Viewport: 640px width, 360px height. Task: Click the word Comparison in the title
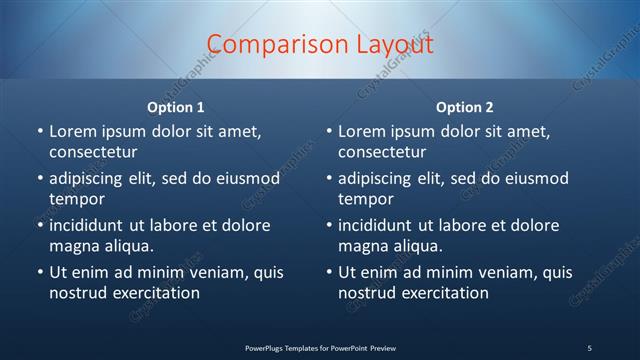click(x=268, y=45)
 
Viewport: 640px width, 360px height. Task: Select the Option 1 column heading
click(x=176, y=107)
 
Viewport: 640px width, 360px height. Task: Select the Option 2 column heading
click(x=465, y=107)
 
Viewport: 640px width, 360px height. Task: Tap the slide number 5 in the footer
click(x=589, y=347)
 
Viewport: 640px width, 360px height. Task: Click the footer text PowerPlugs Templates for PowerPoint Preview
click(x=320, y=347)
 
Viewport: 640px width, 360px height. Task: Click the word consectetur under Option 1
click(x=93, y=152)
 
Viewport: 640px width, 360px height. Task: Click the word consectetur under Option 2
click(x=382, y=152)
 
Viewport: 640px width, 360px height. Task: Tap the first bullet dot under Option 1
click(x=39, y=132)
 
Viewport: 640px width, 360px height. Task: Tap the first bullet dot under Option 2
click(x=328, y=132)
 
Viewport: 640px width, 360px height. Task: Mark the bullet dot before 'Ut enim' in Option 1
click(x=39, y=273)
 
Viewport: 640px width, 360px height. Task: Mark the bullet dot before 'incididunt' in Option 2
click(x=328, y=226)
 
